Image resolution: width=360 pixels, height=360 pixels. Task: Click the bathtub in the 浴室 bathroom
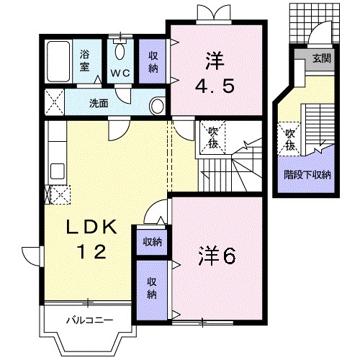point(58,62)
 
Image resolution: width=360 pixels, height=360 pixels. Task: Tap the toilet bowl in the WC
point(120,50)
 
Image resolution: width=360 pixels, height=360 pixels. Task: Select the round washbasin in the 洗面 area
point(157,106)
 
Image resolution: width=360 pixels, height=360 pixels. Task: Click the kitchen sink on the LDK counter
point(57,171)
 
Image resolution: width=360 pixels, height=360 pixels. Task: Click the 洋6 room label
point(217,256)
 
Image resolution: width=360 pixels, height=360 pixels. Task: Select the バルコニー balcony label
point(89,320)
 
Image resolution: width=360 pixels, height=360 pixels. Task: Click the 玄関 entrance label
point(322,58)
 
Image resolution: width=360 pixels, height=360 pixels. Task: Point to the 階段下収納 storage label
point(307,175)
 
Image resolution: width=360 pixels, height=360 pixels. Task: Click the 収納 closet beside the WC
point(153,61)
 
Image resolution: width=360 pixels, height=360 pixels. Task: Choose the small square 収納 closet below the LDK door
point(152,243)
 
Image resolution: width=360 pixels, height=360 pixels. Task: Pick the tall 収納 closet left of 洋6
point(152,290)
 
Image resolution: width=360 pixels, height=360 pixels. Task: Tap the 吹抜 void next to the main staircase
point(213,137)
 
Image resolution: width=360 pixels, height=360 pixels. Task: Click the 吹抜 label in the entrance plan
point(290,140)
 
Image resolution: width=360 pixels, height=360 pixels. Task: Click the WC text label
point(120,73)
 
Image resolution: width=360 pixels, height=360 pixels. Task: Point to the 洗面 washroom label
point(99,103)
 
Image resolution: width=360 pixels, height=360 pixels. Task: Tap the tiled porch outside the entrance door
point(315,23)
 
